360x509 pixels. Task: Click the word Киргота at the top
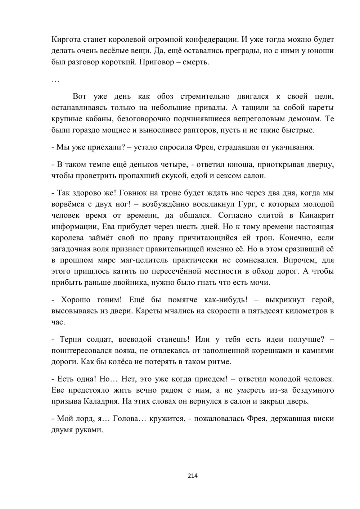coord(66,39)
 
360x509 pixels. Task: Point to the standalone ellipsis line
coord(55,81)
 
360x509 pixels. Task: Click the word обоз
coord(165,96)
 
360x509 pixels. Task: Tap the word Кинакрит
coord(317,215)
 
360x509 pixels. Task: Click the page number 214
coord(193,476)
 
